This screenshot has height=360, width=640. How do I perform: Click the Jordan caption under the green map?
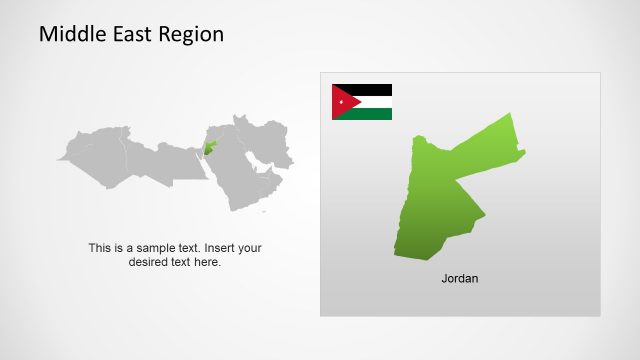pos(460,278)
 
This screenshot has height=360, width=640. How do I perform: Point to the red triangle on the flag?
pos(340,102)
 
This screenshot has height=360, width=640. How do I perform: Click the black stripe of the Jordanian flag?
pos(370,89)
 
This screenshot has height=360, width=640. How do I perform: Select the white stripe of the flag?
pos(372,102)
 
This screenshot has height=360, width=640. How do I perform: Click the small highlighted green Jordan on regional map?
pos(210,149)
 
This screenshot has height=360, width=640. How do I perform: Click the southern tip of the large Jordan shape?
pos(397,256)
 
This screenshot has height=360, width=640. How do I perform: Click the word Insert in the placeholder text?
pos(222,248)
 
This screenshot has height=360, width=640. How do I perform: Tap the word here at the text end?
pos(209,262)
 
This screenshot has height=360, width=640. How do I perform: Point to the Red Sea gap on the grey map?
pos(214,176)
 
